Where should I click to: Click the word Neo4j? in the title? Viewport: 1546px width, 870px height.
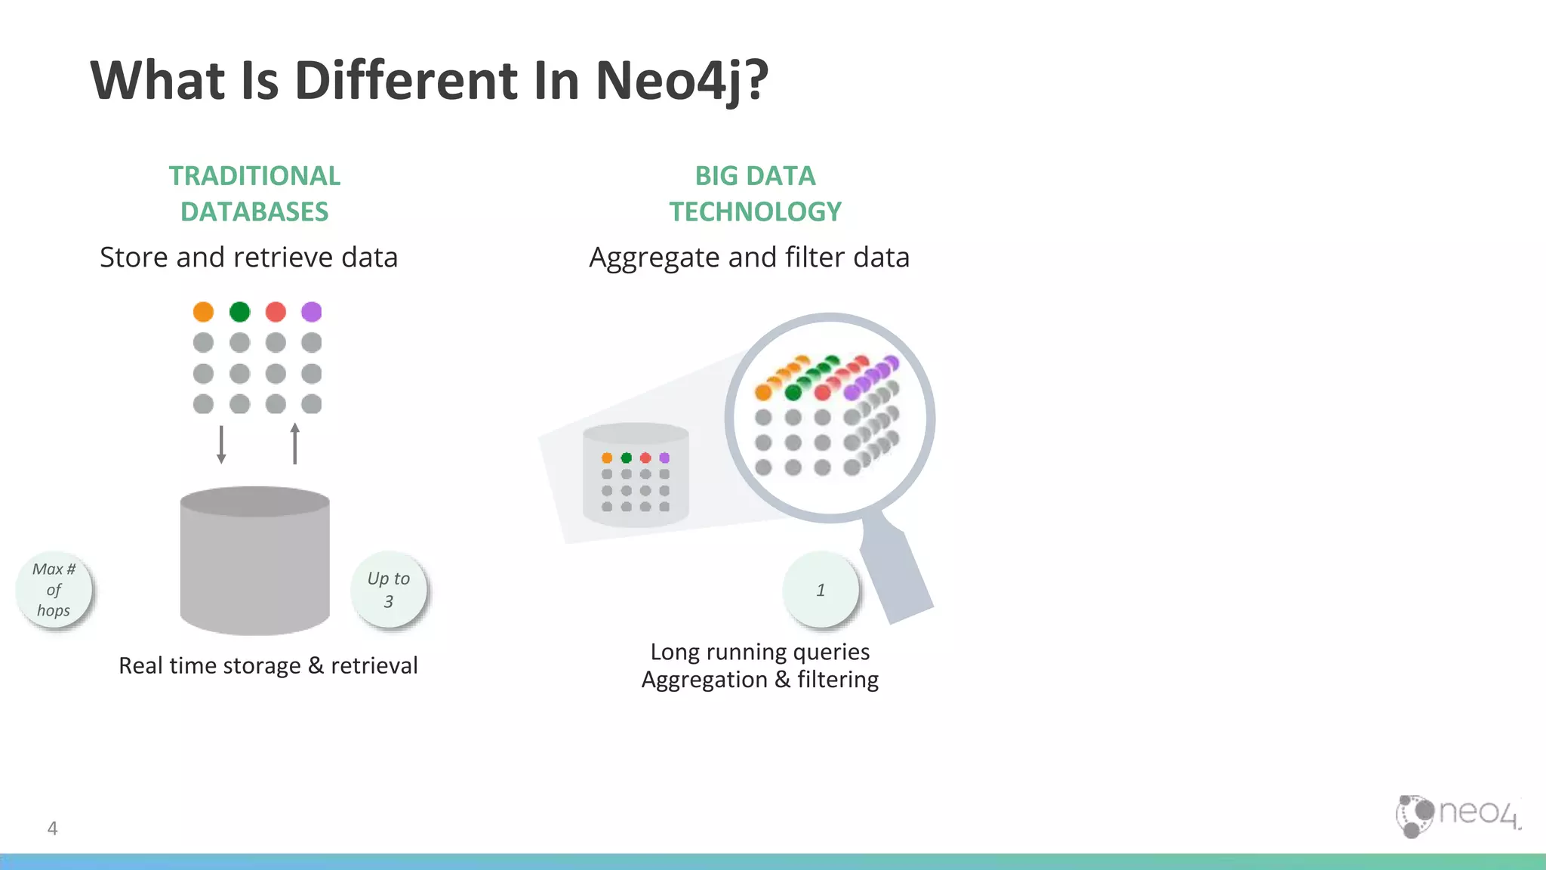point(681,80)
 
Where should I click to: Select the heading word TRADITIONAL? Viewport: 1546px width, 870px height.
point(254,176)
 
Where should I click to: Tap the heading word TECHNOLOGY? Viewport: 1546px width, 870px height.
point(755,212)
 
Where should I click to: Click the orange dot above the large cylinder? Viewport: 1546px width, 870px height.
point(203,312)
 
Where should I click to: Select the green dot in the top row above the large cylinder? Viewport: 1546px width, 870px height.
point(239,312)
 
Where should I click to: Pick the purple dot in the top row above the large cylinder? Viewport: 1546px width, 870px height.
point(312,312)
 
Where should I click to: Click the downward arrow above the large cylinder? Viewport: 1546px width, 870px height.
point(221,444)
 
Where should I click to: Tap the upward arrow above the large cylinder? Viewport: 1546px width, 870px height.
point(294,443)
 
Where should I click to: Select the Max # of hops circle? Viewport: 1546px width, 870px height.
point(54,590)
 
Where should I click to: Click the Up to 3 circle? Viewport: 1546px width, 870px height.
point(388,590)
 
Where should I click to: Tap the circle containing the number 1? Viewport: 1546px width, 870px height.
point(821,590)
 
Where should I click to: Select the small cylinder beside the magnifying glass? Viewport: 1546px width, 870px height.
point(636,476)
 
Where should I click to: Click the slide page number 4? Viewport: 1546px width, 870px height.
point(52,828)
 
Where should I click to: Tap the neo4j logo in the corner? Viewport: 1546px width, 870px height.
point(1458,816)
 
